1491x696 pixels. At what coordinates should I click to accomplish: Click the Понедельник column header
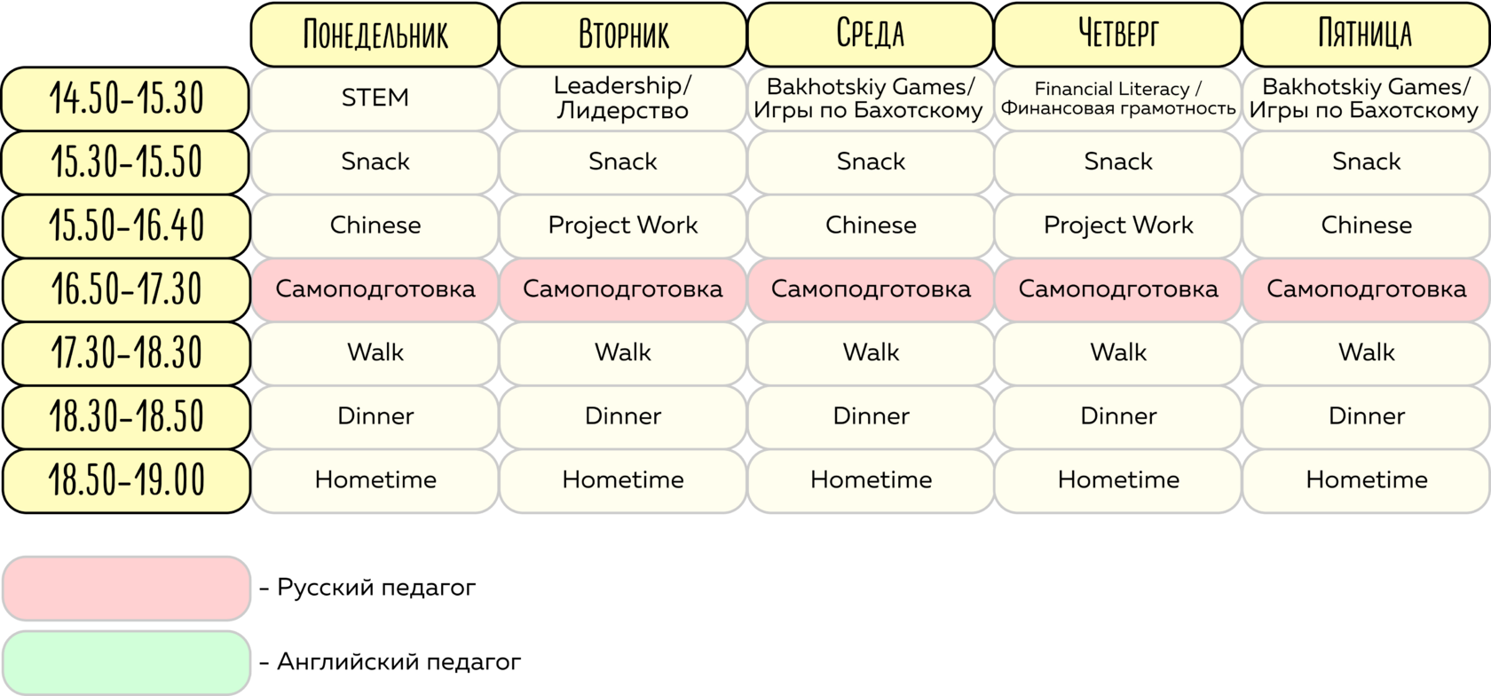pos(375,34)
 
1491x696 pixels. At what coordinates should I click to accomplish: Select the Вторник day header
pos(623,34)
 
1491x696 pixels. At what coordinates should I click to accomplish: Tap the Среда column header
pos(871,34)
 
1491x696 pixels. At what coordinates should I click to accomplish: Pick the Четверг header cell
pos(1118,34)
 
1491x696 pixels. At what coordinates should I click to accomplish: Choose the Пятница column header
pos(1366,34)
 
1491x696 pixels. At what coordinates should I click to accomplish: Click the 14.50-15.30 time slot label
pos(126,99)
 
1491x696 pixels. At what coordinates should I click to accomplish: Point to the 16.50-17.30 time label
pos(126,289)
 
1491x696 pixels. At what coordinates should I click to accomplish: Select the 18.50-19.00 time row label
pos(126,480)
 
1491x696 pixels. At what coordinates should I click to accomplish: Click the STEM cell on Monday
pos(375,99)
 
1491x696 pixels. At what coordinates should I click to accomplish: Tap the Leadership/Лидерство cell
pos(623,99)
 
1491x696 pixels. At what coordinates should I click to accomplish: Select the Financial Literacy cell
pos(1118,99)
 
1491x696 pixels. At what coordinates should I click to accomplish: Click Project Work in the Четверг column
pos(1118,225)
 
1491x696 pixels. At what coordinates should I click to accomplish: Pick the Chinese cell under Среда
pos(871,225)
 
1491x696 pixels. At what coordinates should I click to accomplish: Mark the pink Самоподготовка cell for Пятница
pos(1366,289)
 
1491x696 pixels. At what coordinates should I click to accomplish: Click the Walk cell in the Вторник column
pos(623,352)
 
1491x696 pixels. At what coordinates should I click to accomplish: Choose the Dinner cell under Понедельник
pos(375,416)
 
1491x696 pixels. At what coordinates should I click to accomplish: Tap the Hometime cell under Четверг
pos(1118,480)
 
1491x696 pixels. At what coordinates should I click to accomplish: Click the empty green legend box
pos(126,662)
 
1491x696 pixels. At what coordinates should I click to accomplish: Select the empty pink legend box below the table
pos(126,588)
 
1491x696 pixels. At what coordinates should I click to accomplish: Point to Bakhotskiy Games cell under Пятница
pos(1366,99)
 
